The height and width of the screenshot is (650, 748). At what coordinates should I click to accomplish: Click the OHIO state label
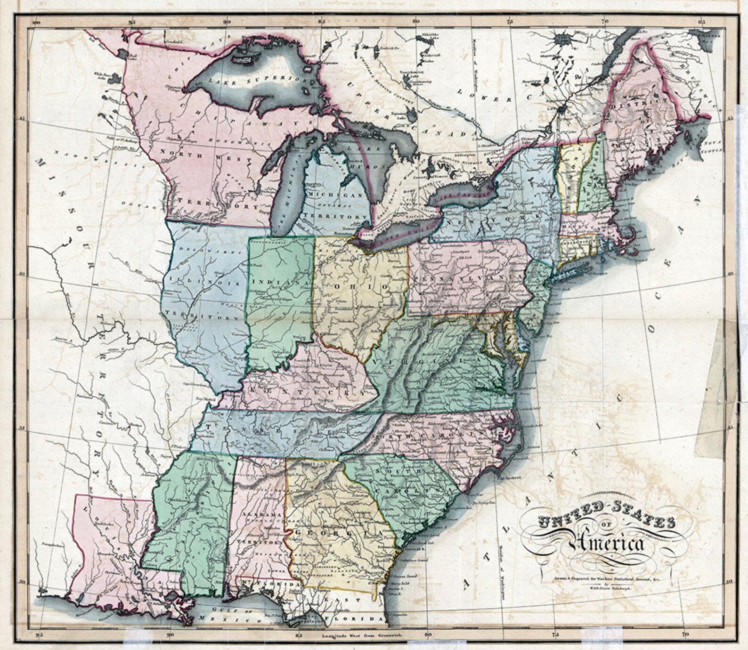pyautogui.click(x=360, y=287)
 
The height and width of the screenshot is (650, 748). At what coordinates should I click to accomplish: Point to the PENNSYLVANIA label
pyautogui.click(x=469, y=280)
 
